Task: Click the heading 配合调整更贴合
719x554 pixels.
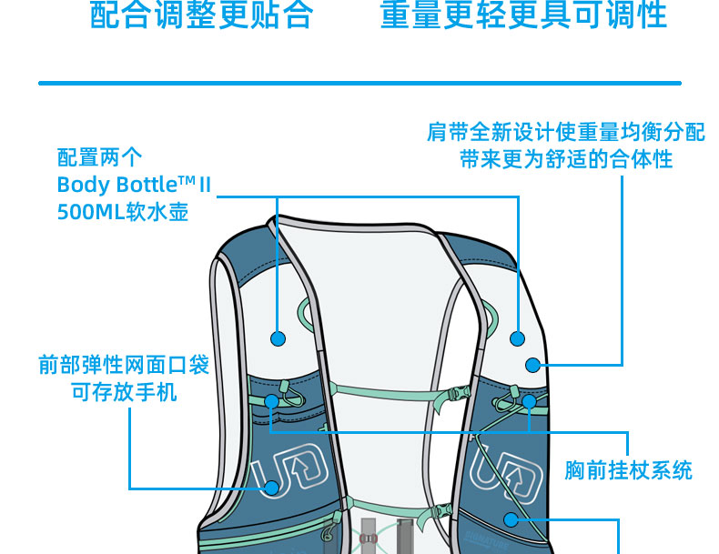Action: click(x=201, y=15)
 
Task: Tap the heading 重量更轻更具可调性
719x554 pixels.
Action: click(x=523, y=15)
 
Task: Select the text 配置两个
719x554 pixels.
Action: click(x=100, y=157)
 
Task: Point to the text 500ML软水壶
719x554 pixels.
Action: click(x=123, y=213)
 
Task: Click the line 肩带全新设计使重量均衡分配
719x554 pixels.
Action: click(x=565, y=132)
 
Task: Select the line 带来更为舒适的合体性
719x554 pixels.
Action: click(x=565, y=159)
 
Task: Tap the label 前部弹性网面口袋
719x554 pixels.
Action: click(x=124, y=365)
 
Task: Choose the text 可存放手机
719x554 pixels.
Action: click(x=124, y=392)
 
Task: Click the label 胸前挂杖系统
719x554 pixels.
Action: click(x=628, y=470)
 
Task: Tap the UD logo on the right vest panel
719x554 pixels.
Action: click(x=499, y=473)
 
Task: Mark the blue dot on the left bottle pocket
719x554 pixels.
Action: click(x=278, y=338)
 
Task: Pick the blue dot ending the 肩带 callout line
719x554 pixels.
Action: click(x=533, y=365)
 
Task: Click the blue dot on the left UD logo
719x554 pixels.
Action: click(x=270, y=488)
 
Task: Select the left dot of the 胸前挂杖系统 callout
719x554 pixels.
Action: click(x=271, y=400)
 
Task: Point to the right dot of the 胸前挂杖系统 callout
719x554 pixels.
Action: click(x=529, y=400)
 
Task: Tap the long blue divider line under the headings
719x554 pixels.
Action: click(x=359, y=84)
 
